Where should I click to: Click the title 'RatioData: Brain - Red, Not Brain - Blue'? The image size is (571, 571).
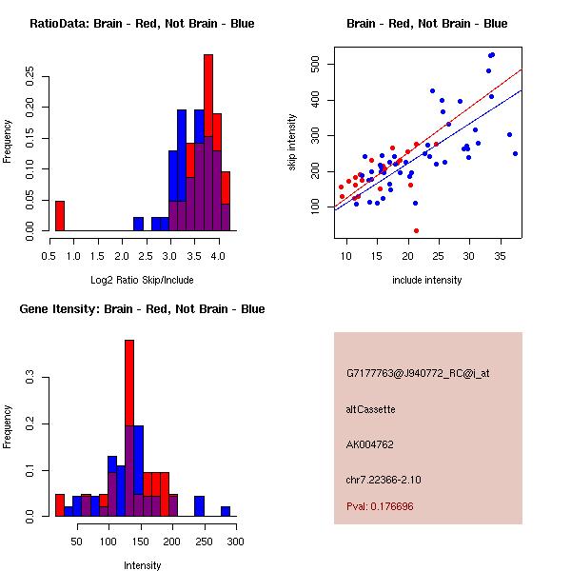click(142, 24)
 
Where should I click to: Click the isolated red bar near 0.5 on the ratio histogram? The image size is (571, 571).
click(60, 216)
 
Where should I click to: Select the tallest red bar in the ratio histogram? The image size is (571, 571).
click(208, 95)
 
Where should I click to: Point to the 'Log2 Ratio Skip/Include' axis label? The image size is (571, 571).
click(142, 280)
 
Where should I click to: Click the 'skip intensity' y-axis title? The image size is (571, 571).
click(292, 143)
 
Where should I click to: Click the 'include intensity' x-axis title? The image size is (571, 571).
click(427, 280)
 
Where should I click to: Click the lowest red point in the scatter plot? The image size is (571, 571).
click(416, 230)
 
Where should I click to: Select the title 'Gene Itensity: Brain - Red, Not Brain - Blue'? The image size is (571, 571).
click(142, 309)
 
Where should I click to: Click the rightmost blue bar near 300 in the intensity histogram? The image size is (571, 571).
click(226, 511)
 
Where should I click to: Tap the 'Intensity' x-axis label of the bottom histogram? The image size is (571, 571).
click(142, 565)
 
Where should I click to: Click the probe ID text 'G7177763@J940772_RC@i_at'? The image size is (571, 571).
click(418, 374)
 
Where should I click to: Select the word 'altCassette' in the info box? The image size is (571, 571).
click(370, 409)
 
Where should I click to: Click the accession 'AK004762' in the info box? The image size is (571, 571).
click(370, 443)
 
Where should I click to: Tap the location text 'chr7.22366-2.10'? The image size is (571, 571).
click(384, 479)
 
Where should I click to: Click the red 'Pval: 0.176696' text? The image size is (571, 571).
click(380, 506)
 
